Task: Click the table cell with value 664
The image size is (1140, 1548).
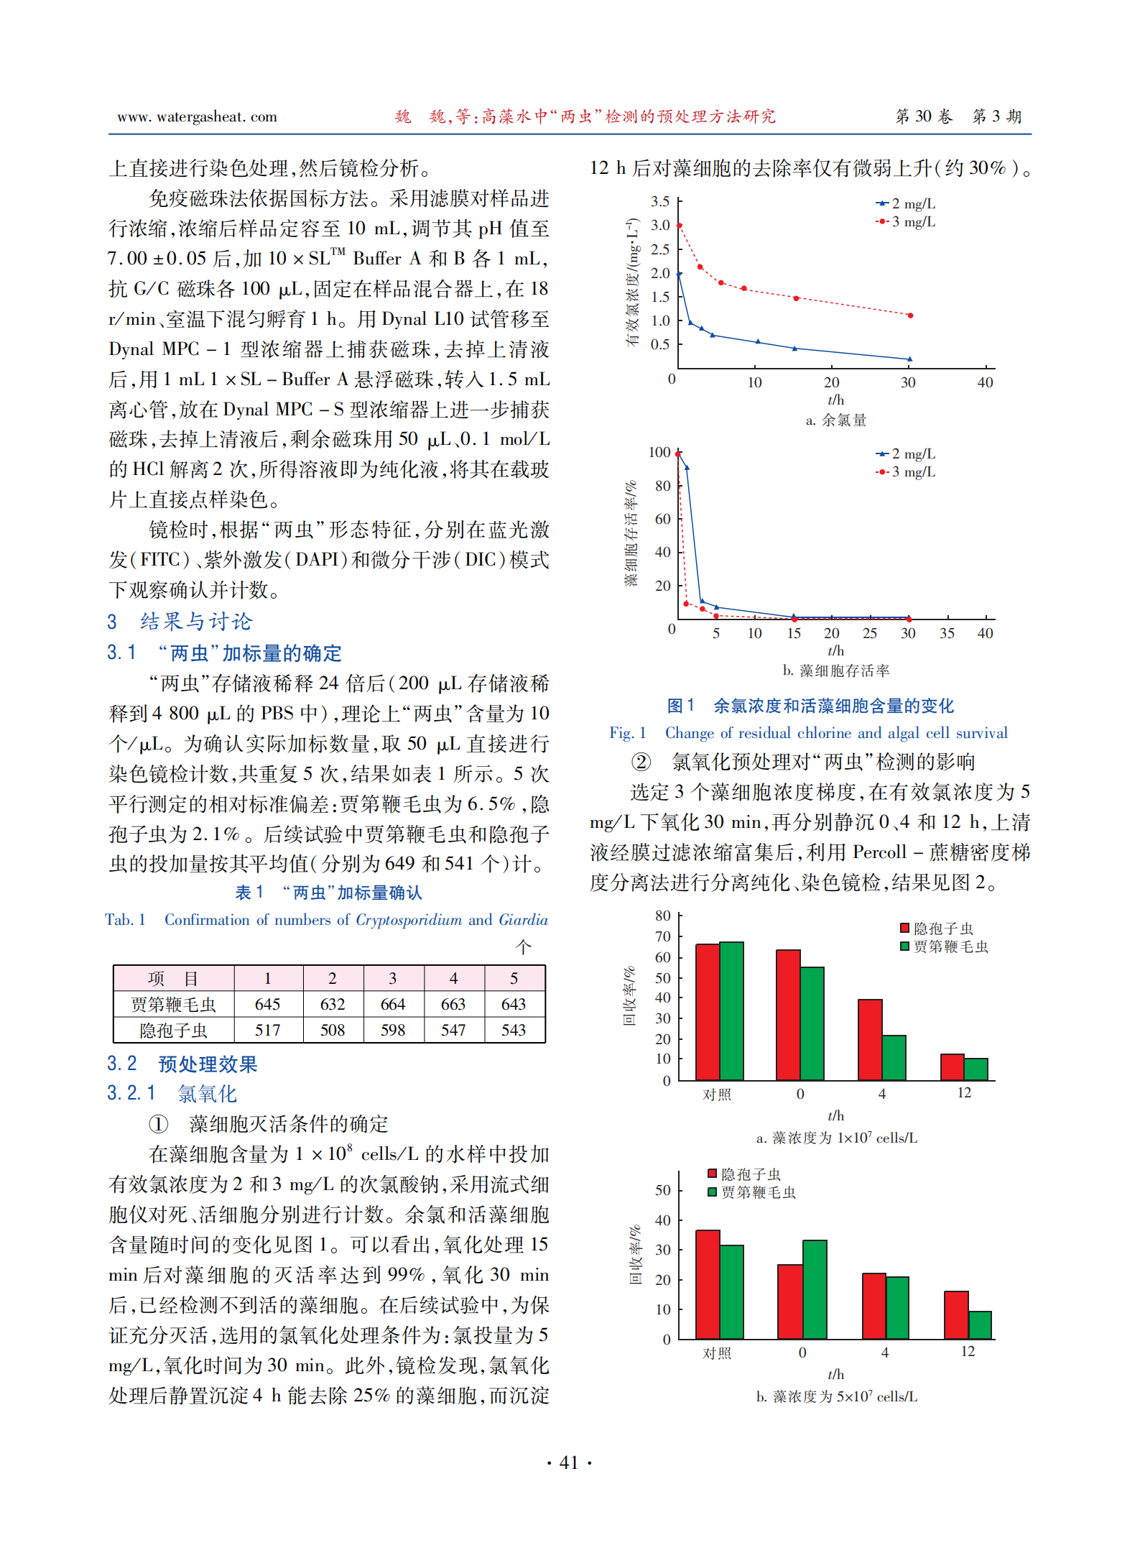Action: [x=393, y=1004]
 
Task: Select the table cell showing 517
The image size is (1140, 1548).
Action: [x=267, y=1030]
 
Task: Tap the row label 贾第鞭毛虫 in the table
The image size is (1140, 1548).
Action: [x=173, y=1004]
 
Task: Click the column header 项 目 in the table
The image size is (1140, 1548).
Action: [x=173, y=978]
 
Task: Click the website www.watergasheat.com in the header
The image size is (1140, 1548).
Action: [x=197, y=117]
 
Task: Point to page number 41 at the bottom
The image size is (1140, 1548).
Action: [x=569, y=1462]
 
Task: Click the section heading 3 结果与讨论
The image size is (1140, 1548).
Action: [x=180, y=622]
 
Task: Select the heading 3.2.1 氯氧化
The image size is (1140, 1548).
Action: [x=172, y=1094]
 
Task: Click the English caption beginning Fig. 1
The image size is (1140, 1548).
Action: [x=808, y=733]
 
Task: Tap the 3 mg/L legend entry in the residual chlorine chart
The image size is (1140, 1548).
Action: [x=906, y=222]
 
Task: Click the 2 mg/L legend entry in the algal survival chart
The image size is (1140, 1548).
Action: [x=906, y=454]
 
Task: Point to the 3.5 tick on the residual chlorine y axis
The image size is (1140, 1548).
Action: [x=659, y=202]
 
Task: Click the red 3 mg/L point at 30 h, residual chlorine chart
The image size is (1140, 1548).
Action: [x=910, y=315]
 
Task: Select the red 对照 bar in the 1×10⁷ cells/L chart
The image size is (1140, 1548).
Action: [x=708, y=1012]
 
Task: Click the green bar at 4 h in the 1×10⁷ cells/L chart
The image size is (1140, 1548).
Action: [x=894, y=1057]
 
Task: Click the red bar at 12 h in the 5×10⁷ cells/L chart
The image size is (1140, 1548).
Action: [x=956, y=1314]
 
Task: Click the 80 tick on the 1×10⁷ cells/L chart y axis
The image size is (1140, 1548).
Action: [x=662, y=916]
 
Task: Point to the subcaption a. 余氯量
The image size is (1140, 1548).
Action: [x=835, y=420]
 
